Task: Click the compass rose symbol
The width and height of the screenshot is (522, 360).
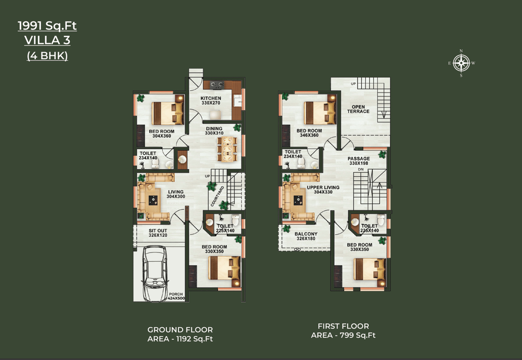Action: pos(461,63)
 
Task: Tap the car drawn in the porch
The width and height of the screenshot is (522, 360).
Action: pos(155,273)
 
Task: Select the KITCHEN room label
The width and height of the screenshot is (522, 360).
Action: pos(211,98)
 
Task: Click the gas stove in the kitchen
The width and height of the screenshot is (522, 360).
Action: pos(217,85)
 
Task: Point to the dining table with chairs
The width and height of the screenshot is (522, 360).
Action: pos(227,149)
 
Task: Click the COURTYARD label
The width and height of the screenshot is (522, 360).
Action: pos(217,196)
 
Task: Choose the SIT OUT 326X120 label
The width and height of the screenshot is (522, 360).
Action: pos(158,233)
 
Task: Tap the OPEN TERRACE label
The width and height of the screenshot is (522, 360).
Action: pos(358,109)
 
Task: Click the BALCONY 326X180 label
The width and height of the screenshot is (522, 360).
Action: pos(306,236)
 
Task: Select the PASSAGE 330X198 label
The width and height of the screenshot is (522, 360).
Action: pos(359,161)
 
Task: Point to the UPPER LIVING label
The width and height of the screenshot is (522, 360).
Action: pos(323,187)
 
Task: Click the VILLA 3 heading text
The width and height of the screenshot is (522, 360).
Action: pos(47,40)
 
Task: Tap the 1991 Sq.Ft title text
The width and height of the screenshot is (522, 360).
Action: pos(47,25)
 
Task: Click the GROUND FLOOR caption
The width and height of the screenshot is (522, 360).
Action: pos(180,330)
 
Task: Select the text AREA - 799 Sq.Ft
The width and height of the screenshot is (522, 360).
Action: pos(343,335)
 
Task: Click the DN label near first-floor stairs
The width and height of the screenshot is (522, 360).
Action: pos(361,169)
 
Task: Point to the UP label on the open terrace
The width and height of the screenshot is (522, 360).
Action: pos(353,84)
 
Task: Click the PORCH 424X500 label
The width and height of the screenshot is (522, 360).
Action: pos(176,296)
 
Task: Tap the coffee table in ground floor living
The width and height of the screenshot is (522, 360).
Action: pos(153,200)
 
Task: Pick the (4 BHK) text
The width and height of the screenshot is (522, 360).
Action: pos(47,56)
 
